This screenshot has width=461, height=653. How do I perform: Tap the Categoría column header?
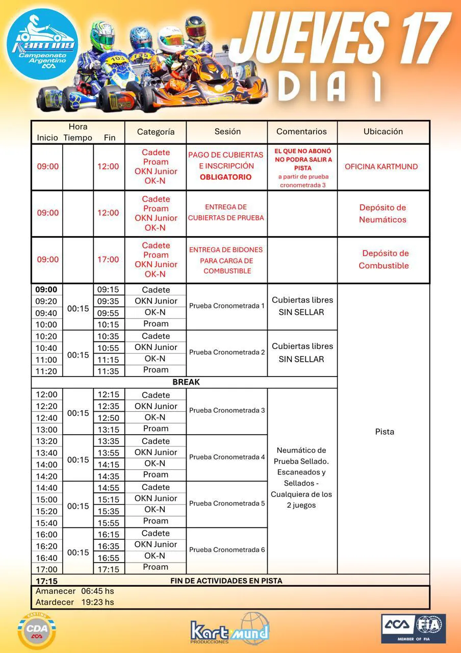click(156, 132)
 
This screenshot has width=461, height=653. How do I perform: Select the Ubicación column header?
click(383, 132)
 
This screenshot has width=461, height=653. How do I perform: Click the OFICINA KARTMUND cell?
click(381, 166)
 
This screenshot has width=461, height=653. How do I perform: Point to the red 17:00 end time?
click(108, 259)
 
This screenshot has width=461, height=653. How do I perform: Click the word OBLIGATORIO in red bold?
click(225, 177)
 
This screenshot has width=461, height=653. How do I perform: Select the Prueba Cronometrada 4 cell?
click(227, 457)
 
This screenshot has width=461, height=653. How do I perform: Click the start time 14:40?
click(46, 488)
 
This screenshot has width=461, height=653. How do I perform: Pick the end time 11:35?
click(108, 371)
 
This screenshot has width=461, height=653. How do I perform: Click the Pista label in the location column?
click(385, 432)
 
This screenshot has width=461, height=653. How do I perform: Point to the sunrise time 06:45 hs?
click(97, 591)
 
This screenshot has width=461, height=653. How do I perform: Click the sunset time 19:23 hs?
click(97, 602)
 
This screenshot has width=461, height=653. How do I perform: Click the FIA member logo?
click(413, 629)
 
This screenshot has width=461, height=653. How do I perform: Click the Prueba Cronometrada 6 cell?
click(227, 550)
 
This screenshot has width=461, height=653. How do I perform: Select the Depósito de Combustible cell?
click(383, 259)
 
